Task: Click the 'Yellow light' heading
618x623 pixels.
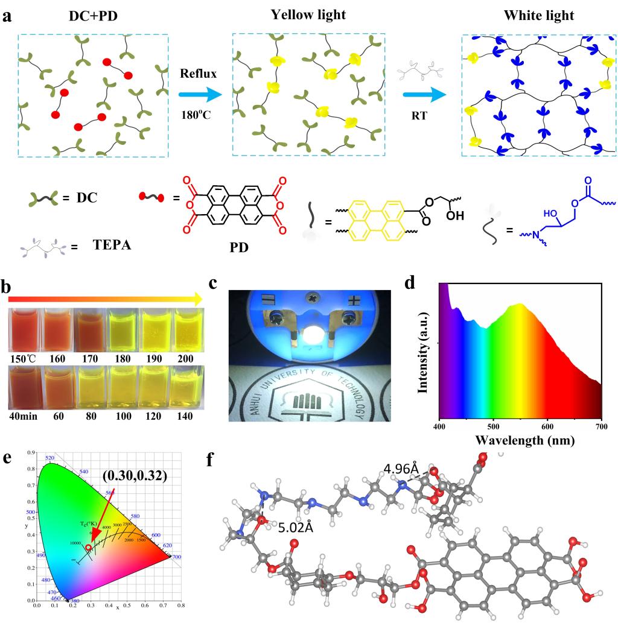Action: coord(308,14)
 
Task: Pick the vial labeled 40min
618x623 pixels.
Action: coord(25,388)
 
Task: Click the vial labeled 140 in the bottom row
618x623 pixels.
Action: coord(188,388)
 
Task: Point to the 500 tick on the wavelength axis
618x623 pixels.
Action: coord(493,426)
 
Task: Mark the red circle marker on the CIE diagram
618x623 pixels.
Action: coord(89,547)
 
